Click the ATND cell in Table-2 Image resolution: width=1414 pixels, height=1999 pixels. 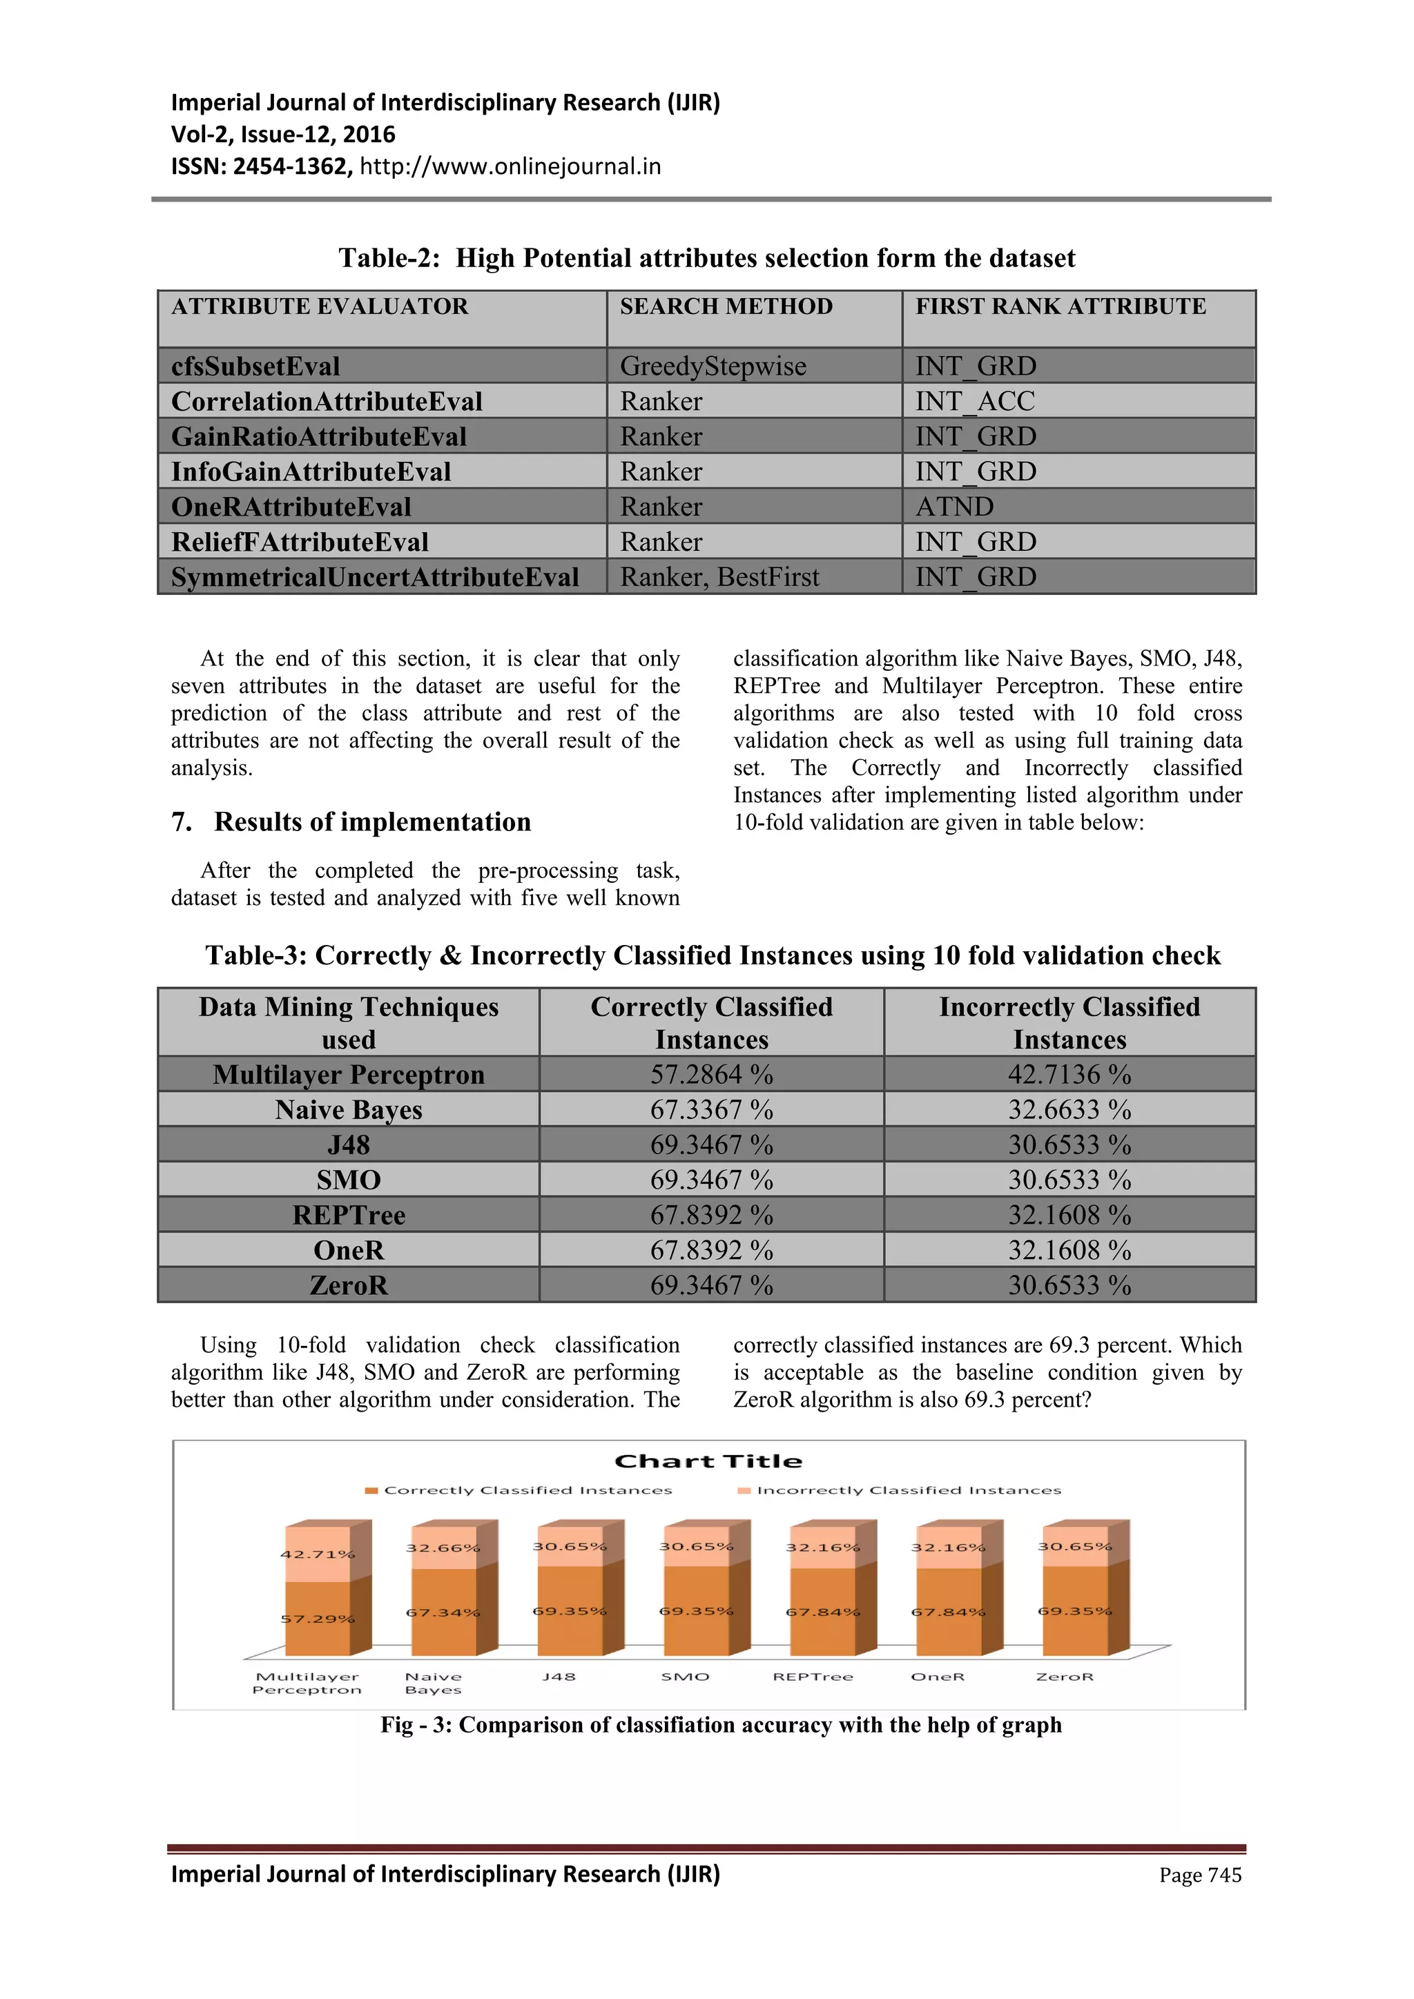(x=954, y=507)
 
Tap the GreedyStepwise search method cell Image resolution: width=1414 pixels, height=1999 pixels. (x=713, y=367)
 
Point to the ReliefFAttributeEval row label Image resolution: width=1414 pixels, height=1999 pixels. (x=300, y=543)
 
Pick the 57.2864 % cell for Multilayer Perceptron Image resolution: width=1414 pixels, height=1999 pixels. (x=711, y=1074)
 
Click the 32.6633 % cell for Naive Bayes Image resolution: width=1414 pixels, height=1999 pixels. (x=1069, y=1110)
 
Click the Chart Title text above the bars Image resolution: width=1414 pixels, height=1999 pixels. (x=708, y=1462)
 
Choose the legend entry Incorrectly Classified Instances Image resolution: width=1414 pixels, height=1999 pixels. (x=908, y=1490)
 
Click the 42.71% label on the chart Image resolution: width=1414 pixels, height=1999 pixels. (x=317, y=1554)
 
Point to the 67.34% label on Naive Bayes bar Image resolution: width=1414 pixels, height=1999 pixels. (x=443, y=1612)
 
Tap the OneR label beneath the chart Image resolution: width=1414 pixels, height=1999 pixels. (x=937, y=1677)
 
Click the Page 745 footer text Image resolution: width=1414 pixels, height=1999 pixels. (x=1200, y=1875)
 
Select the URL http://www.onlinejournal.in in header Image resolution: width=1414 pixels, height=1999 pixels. (x=510, y=166)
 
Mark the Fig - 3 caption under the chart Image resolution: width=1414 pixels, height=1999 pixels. (x=720, y=1725)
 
